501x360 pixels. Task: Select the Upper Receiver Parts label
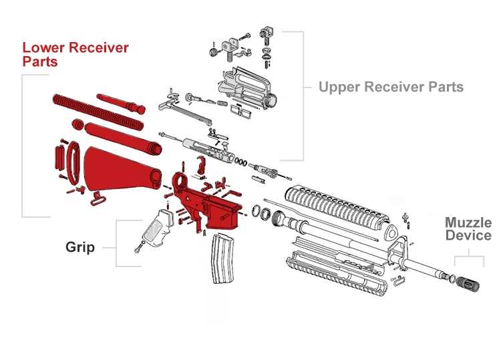pyautogui.click(x=391, y=87)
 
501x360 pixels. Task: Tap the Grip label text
pyautogui.click(x=80, y=247)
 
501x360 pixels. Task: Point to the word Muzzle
pyautogui.click(x=468, y=222)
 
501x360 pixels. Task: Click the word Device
pyautogui.click(x=468, y=235)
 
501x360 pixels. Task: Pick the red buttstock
pyautogui.click(x=120, y=170)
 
